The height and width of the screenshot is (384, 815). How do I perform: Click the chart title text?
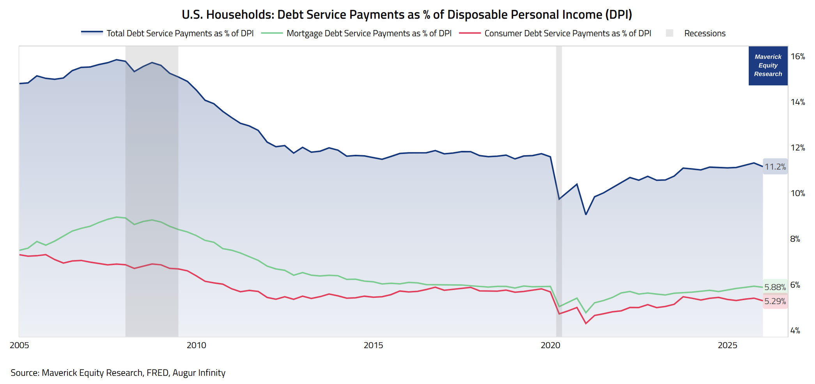click(407, 14)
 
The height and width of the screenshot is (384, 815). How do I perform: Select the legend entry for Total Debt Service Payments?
click(167, 33)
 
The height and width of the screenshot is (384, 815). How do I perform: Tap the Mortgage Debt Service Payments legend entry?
click(356, 33)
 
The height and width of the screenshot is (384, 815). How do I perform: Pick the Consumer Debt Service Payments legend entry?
click(555, 33)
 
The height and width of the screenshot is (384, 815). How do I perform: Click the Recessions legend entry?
click(696, 33)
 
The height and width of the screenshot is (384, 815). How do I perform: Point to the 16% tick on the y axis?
click(798, 57)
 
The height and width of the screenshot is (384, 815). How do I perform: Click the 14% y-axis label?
click(798, 102)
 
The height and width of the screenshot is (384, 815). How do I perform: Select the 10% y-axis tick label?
click(798, 193)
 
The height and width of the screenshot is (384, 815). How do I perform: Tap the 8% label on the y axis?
click(795, 239)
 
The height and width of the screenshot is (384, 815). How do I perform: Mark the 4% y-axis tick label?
click(795, 331)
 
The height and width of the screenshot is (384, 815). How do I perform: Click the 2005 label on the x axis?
click(19, 345)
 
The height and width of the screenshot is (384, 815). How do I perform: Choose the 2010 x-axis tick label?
click(197, 345)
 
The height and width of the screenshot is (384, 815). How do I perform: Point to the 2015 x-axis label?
click(374, 345)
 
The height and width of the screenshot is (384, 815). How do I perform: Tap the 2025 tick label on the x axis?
click(728, 345)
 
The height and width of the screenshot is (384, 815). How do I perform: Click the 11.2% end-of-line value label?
click(775, 167)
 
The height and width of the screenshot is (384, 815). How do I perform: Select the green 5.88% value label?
click(775, 287)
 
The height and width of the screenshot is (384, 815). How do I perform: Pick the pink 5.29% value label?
click(775, 301)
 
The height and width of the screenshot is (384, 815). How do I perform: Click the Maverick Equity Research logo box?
click(768, 65)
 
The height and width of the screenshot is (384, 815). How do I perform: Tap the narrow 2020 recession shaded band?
click(559, 191)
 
